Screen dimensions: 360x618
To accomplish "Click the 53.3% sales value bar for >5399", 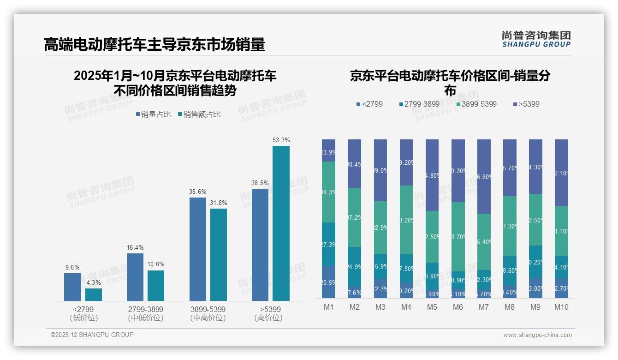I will [x=281, y=223].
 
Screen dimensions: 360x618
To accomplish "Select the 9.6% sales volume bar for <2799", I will [x=72, y=287].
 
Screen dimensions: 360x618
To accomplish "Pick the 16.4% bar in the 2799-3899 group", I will [x=135, y=277].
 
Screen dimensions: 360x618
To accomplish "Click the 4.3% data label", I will [x=94, y=282].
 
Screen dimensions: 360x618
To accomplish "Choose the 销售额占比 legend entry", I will [x=199, y=114].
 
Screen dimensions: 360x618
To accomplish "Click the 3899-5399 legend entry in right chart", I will [x=476, y=104].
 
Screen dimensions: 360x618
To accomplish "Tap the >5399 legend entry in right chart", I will [x=526, y=104].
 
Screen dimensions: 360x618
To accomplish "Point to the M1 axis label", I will [x=328, y=307].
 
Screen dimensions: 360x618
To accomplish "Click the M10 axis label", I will [x=561, y=307].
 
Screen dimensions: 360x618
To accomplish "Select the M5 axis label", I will [x=432, y=307].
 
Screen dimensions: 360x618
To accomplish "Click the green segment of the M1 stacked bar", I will [x=328, y=192].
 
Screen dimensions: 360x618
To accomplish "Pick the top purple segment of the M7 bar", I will [x=484, y=176].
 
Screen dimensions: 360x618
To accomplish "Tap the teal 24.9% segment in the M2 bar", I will [x=354, y=267].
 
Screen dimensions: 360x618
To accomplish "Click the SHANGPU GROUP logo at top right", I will [x=536, y=39].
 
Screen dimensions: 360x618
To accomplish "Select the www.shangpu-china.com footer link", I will [x=537, y=335].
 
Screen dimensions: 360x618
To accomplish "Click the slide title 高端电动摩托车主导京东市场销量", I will [x=154, y=45].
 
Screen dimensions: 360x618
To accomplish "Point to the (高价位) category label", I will [x=268, y=318].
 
